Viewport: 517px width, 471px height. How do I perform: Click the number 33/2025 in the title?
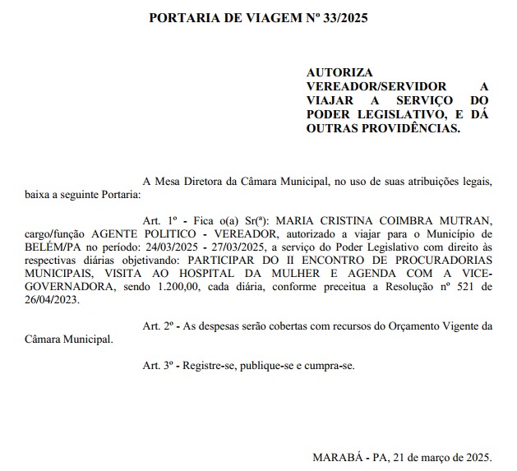(340, 17)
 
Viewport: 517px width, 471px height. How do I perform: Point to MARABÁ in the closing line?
(335, 456)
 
